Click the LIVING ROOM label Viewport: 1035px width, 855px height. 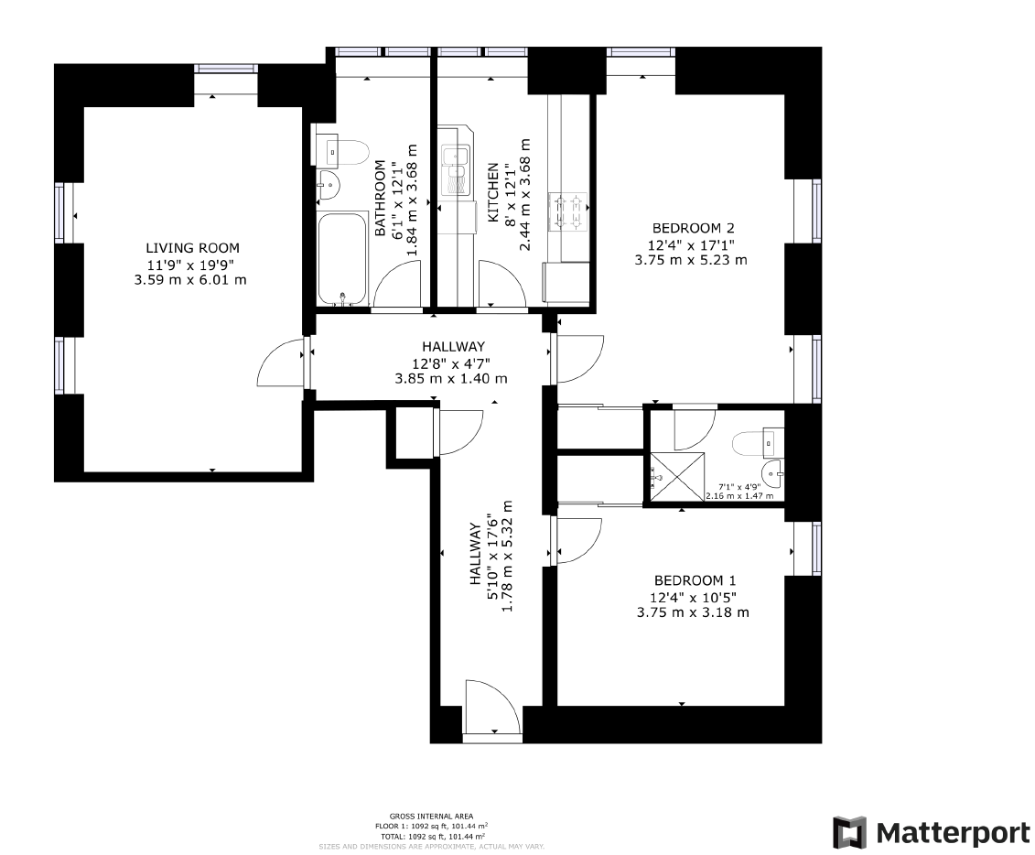(x=192, y=248)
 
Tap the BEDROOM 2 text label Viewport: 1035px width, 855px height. (x=693, y=228)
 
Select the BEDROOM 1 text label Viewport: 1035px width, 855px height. (x=695, y=580)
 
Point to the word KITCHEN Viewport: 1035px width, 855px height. (x=493, y=193)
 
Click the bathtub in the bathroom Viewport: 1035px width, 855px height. (x=342, y=259)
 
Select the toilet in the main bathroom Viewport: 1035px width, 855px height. (x=342, y=148)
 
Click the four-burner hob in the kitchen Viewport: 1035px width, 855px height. (x=566, y=211)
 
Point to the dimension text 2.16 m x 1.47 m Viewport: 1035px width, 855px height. (x=739, y=496)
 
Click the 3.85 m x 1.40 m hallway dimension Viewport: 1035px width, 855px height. (x=450, y=378)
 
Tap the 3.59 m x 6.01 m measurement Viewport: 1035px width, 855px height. (x=189, y=279)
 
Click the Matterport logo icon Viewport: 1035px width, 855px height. (x=848, y=832)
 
